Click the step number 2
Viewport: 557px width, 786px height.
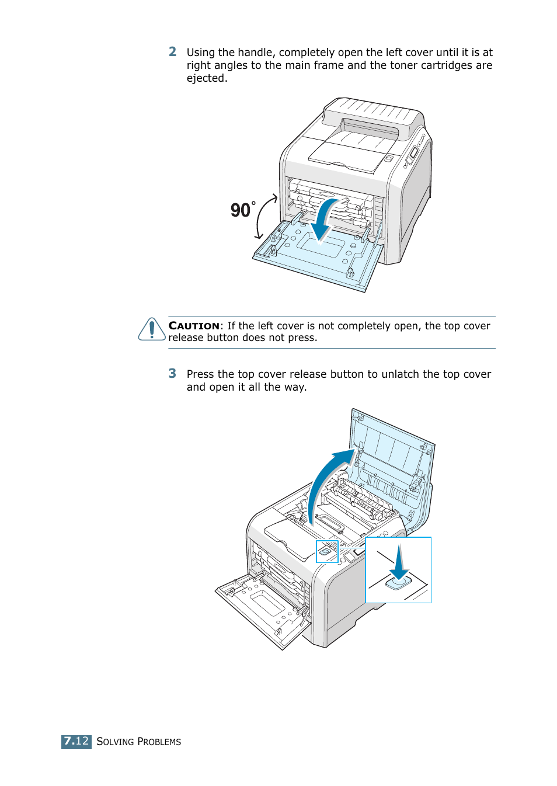coord(172,52)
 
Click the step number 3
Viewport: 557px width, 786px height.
coord(172,374)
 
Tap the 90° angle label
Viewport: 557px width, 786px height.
coord(242,210)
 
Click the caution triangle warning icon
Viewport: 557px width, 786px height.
coord(152,329)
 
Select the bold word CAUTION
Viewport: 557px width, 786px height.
coord(194,326)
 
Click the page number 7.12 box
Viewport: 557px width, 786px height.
coord(76,741)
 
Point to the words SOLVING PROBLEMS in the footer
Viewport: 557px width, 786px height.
coord(139,742)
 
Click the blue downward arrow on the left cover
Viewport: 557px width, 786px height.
coord(323,221)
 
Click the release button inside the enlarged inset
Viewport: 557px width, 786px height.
coord(399,582)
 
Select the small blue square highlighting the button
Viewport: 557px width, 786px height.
coord(327,551)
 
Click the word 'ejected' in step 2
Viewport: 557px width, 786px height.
coord(206,78)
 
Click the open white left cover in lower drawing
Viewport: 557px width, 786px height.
coord(263,607)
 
